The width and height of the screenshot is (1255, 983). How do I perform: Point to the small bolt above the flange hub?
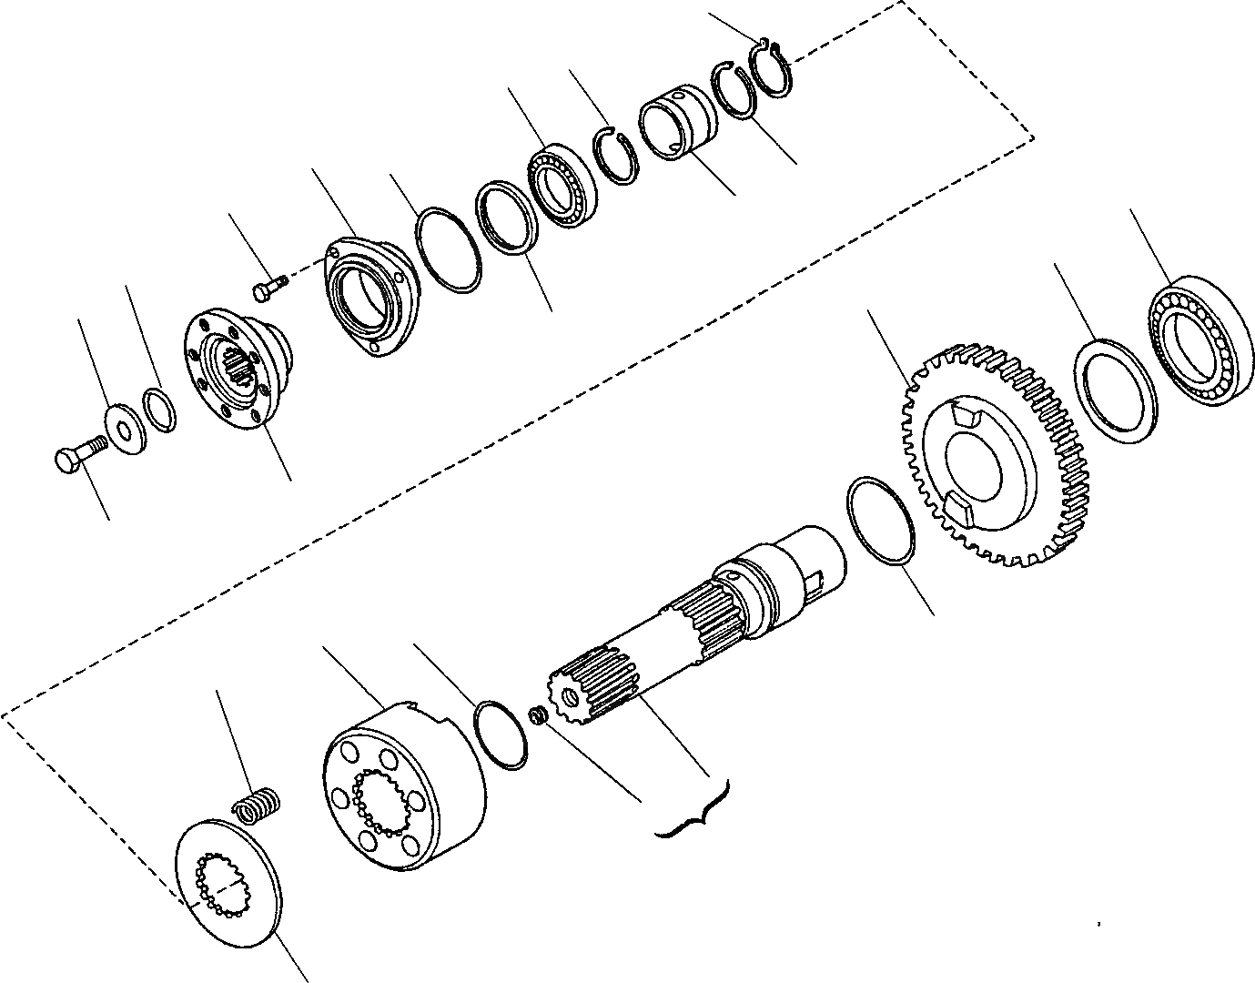268,288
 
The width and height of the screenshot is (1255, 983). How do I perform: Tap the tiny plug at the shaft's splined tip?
538,714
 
